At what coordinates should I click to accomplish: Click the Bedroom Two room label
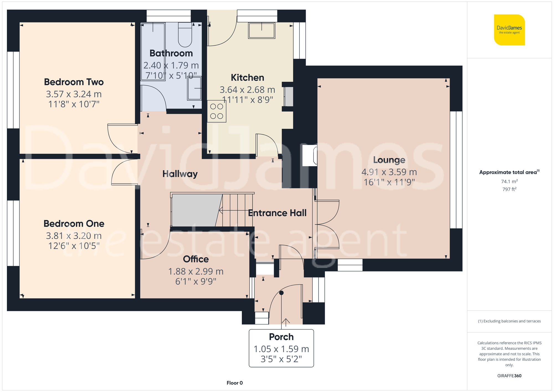pyautogui.click(x=74, y=82)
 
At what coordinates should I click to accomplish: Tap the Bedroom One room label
pyautogui.click(x=74, y=224)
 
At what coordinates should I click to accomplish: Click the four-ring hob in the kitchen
pyautogui.click(x=217, y=111)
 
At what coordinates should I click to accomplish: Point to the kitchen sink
pyautogui.click(x=261, y=30)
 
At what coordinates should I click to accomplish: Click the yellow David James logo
pyautogui.click(x=509, y=30)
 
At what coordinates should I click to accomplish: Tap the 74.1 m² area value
pyautogui.click(x=509, y=181)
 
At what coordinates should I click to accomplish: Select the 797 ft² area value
pyautogui.click(x=509, y=189)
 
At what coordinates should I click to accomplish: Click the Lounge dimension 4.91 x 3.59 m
pyautogui.click(x=389, y=172)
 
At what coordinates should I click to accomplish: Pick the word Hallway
pyautogui.click(x=180, y=174)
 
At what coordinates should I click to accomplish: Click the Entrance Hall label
pyautogui.click(x=277, y=213)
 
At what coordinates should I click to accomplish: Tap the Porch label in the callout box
pyautogui.click(x=281, y=337)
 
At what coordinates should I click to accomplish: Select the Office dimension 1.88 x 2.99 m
pyautogui.click(x=196, y=271)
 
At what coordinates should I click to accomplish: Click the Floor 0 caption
pyautogui.click(x=234, y=383)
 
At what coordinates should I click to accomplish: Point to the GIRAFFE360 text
pyautogui.click(x=509, y=376)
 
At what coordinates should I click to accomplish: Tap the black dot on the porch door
pyautogui.click(x=281, y=293)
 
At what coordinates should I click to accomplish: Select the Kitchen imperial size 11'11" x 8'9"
pyautogui.click(x=247, y=100)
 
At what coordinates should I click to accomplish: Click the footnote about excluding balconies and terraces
pyautogui.click(x=509, y=321)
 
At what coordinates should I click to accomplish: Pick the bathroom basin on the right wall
pyautogui.click(x=194, y=88)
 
